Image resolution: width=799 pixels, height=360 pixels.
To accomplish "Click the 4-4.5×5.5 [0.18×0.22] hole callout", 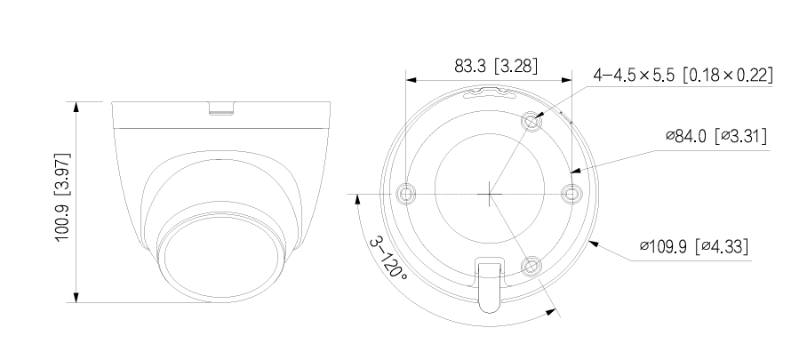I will pyautogui.click(x=682, y=76).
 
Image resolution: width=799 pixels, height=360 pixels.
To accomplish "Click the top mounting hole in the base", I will pyautogui.click(x=531, y=120).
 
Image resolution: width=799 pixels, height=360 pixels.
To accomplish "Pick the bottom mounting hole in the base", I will pyautogui.click(x=531, y=264).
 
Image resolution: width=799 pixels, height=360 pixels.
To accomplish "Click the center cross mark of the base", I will pyautogui.click(x=489, y=192).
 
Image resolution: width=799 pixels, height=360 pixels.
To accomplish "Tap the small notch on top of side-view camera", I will pyautogui.click(x=223, y=109).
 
